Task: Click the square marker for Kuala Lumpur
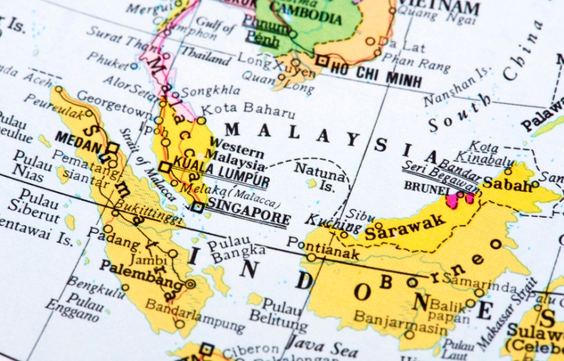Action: (165, 166)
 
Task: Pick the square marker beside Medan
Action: (112, 148)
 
